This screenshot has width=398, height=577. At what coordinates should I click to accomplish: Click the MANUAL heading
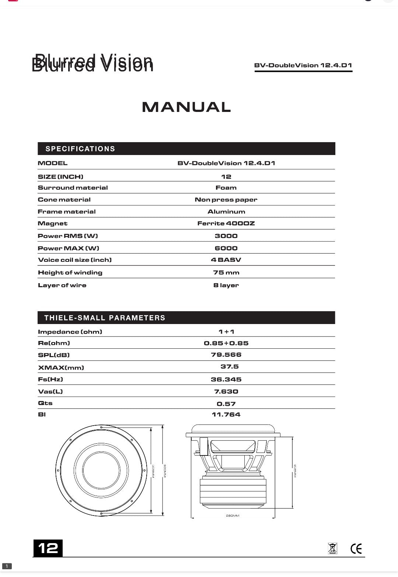coord(186,107)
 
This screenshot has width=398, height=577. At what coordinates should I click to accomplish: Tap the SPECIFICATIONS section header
coord(80,149)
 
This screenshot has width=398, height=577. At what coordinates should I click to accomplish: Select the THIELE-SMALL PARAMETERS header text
coord(105,318)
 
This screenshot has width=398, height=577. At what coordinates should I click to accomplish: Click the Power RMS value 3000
coord(226,236)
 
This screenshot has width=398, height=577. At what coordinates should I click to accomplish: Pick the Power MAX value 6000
coord(226,248)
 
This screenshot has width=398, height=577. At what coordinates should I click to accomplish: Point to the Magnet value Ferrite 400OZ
coord(226,224)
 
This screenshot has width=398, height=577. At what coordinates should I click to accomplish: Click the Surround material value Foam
coord(226,188)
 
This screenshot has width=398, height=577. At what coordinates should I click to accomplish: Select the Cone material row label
coord(64,200)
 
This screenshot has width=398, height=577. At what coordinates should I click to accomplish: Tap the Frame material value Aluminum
coord(226,212)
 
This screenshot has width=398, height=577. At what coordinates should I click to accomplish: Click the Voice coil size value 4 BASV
coord(226,260)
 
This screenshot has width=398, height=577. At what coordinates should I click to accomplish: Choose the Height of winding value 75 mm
coord(226,273)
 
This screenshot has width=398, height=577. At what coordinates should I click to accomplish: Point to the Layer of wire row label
coord(62,285)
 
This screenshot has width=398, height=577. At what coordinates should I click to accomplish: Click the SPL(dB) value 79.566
coord(226,355)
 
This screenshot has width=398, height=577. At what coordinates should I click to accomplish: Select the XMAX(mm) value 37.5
coord(229,367)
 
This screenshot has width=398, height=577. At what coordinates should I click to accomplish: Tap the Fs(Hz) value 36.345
coord(226,380)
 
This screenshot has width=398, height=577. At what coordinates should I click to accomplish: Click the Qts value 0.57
coord(226,404)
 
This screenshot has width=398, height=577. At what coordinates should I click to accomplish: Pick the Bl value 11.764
coord(226,415)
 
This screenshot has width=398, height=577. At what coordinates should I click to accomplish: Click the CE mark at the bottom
coord(356,549)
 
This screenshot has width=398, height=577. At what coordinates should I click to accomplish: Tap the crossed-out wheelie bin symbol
coord(332,548)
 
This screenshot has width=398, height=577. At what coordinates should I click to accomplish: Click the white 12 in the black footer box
coord(48,548)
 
